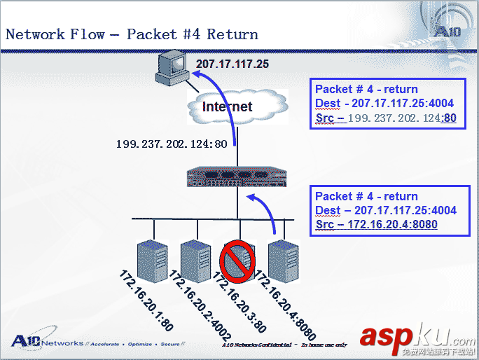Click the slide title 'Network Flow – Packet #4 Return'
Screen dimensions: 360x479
point(132,34)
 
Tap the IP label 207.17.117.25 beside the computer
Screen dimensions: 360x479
point(232,64)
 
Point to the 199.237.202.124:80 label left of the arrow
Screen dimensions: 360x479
point(171,145)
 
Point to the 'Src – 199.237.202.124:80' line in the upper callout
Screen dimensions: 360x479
point(386,118)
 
